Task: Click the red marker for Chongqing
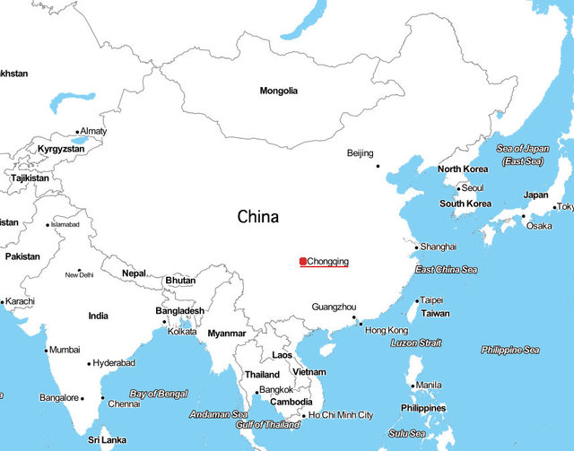pos(303,262)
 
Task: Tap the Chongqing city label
pos(327,262)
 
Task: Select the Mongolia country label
pos(279,91)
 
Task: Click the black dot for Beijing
pos(378,166)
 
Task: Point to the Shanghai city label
pos(439,247)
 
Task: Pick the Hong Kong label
pos(387,331)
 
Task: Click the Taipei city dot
pos(417,300)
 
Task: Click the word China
pos(258,217)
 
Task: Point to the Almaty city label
pos(94,132)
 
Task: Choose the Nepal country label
pos(135,273)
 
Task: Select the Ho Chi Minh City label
pos(342,415)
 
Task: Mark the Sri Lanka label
pos(107,441)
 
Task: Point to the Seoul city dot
pos(458,188)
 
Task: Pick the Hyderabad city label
pos(114,363)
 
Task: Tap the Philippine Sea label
pos(510,350)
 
